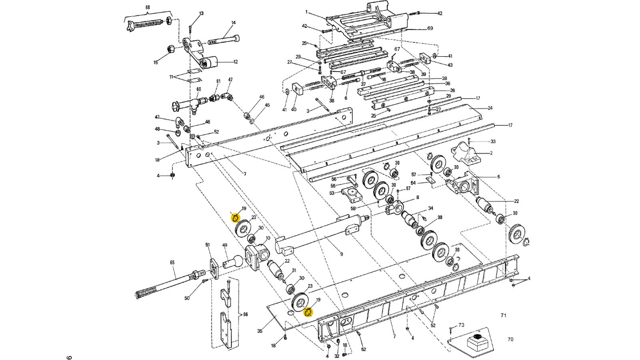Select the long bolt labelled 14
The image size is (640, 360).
pos(224,40)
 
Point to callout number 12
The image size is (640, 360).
pos(235,62)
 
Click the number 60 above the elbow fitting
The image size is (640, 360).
pos(199,89)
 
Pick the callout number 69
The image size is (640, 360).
pos(430,28)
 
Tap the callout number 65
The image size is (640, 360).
pos(172,263)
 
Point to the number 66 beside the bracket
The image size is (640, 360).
pos(245,314)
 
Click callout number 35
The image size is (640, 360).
pos(260,331)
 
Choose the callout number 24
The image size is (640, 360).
pos(490,108)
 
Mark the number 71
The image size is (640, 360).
pos(503,316)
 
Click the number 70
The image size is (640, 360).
pos(510,340)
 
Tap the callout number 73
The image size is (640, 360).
pos(461,325)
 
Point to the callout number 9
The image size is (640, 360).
pos(341,254)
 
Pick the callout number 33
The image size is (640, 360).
pos(493,142)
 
